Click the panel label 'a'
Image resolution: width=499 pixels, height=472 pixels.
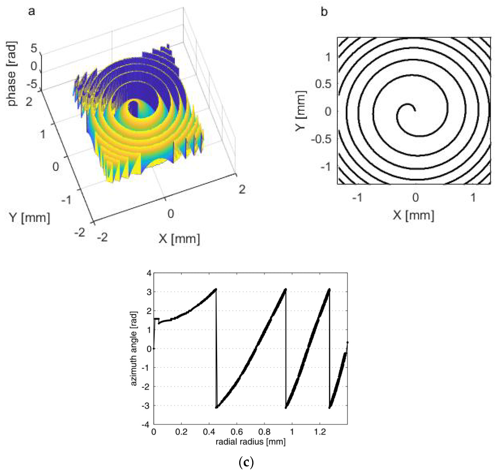coord(31,12)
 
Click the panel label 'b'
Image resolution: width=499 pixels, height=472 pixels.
coord(324,12)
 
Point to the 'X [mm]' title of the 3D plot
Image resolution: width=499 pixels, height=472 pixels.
coord(179,239)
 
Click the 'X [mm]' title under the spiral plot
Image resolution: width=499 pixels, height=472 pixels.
coord(413,215)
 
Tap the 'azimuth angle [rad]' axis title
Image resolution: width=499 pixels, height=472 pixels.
coord(134,349)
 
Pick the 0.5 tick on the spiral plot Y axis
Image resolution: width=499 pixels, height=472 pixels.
coord(323,84)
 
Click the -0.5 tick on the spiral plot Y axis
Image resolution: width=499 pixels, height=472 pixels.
coord(321,139)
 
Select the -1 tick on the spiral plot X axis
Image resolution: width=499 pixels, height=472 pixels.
coord(357,198)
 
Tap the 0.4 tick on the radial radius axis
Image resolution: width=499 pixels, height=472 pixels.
coord(209,432)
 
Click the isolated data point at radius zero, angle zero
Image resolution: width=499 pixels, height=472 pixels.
coord(154,348)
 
